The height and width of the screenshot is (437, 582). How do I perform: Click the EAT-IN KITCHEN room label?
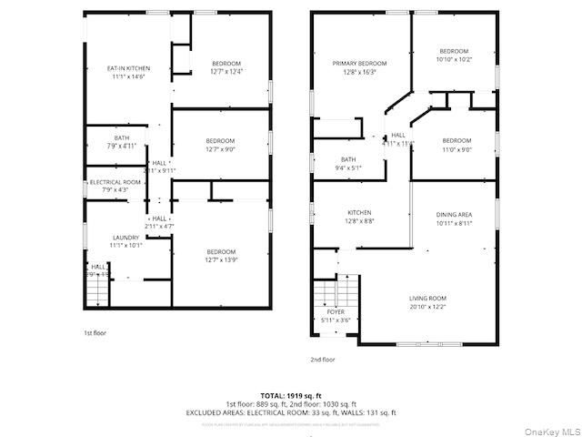click(128, 68)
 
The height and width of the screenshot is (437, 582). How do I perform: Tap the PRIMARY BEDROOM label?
click(359, 63)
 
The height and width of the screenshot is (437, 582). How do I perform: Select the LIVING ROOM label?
click(426, 298)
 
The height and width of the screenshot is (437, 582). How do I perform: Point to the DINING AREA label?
click(454, 213)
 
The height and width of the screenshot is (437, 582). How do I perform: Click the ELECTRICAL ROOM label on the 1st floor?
click(115, 182)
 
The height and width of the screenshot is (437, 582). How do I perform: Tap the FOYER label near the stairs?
click(336, 311)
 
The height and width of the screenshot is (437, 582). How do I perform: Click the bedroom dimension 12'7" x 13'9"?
click(221, 259)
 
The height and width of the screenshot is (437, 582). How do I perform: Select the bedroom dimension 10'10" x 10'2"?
click(454, 58)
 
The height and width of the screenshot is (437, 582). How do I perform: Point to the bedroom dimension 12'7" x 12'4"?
click(226, 71)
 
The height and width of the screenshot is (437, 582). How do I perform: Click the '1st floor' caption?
click(95, 333)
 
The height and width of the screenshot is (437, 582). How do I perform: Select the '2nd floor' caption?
click(323, 360)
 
